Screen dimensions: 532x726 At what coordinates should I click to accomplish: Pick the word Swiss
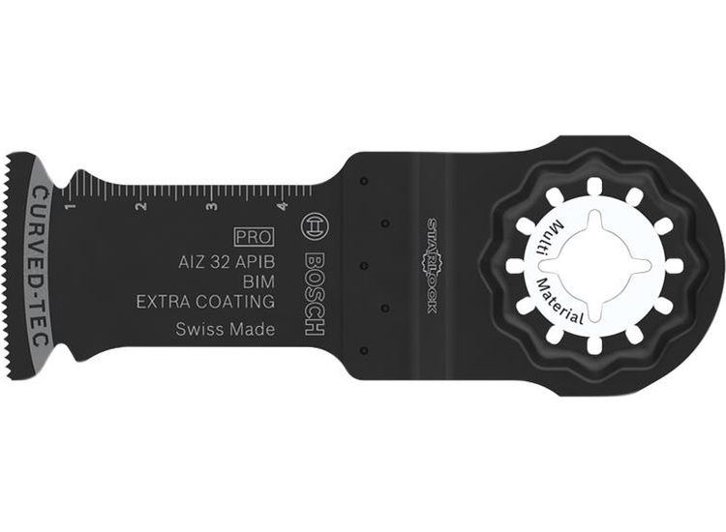pyautogui.click(x=199, y=330)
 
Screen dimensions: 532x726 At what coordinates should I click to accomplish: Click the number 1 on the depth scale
pyautogui.click(x=70, y=206)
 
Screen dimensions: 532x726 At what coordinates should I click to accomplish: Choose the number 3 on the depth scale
pyautogui.click(x=210, y=206)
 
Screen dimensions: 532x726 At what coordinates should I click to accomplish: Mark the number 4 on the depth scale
pyautogui.click(x=280, y=206)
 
